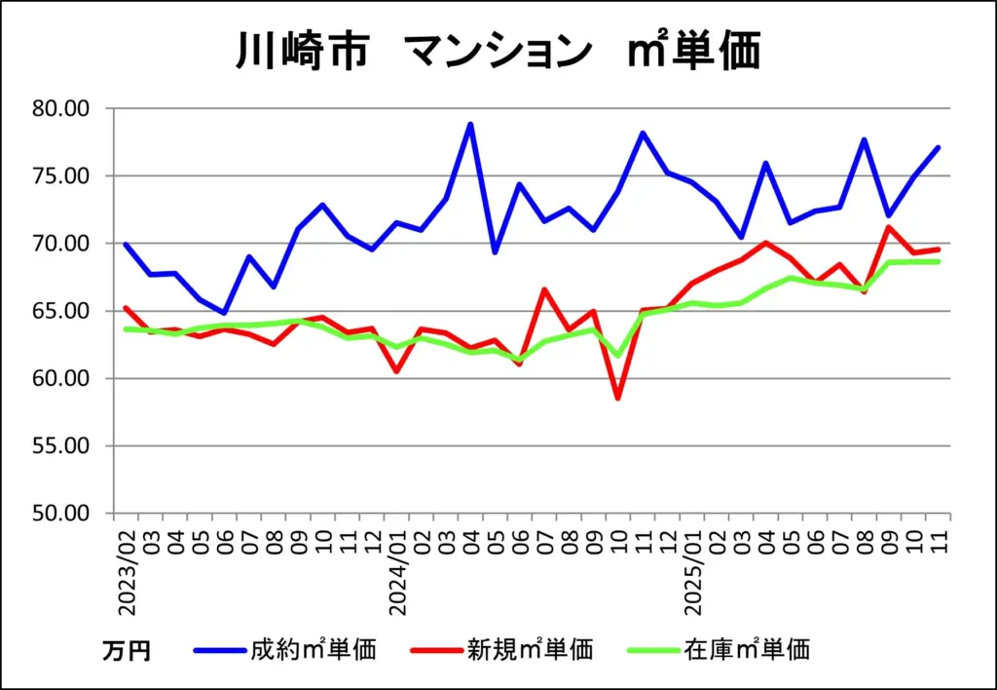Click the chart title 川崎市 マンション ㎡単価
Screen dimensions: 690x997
498,51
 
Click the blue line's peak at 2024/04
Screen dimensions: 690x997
470,124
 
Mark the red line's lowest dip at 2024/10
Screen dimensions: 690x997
617,398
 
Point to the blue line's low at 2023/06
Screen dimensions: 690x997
225,313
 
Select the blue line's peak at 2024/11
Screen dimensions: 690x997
643,133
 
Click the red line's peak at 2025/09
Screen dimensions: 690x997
888,227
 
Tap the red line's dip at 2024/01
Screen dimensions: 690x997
396,371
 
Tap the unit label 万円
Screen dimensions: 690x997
126,650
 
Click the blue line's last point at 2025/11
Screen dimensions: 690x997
938,147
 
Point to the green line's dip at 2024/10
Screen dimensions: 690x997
617,355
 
